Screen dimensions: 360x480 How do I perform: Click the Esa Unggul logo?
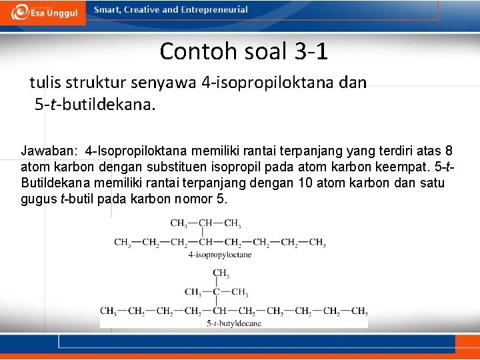[x=43, y=12]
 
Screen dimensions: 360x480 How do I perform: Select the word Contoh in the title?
[x=195, y=51]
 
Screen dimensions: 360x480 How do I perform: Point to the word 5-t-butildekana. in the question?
[x=95, y=105]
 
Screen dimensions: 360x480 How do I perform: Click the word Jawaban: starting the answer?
[x=49, y=152]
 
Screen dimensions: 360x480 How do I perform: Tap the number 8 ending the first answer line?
[x=449, y=152]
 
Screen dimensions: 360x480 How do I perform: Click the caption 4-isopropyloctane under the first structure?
[x=219, y=255]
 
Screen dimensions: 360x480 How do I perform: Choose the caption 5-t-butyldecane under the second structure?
[x=233, y=323]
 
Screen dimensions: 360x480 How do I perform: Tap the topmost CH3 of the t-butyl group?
[x=221, y=273]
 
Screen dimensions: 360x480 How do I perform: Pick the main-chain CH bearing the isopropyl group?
[x=206, y=242]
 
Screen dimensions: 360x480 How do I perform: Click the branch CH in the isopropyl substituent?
[x=205, y=223]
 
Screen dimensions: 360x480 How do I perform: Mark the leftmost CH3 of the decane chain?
[x=109, y=311]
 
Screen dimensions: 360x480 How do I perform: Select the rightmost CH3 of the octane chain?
[x=317, y=242]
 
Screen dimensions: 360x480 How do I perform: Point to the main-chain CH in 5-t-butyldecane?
[x=219, y=311]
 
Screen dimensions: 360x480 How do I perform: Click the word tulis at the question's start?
[x=43, y=83]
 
